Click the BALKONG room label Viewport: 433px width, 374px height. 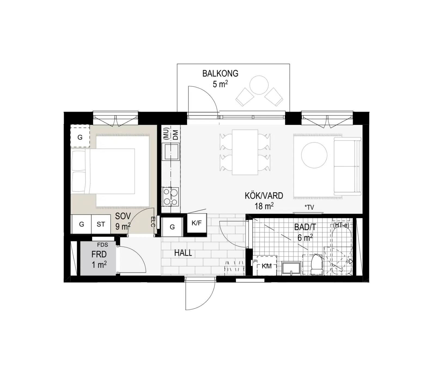coord(220,73)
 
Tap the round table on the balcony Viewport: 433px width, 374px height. coord(259,85)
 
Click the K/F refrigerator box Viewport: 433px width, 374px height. coord(197,224)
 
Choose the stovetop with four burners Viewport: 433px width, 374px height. coord(170,197)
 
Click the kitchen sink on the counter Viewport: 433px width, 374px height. coord(170,152)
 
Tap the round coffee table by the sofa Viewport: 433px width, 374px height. coord(314,155)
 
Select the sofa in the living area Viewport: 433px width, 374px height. coord(347,167)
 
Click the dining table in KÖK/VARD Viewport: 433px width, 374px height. coord(245,152)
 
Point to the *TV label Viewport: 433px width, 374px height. coord(309,207)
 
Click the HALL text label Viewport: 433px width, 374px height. coord(183,253)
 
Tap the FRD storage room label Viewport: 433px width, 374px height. coord(99,254)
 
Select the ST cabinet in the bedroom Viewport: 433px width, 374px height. coord(101,224)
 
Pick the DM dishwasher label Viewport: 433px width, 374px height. coord(175,135)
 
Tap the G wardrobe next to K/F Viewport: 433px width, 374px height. coord(172,227)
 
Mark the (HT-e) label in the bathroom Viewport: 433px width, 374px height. coord(341,225)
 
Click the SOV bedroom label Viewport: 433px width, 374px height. coord(123,216)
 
